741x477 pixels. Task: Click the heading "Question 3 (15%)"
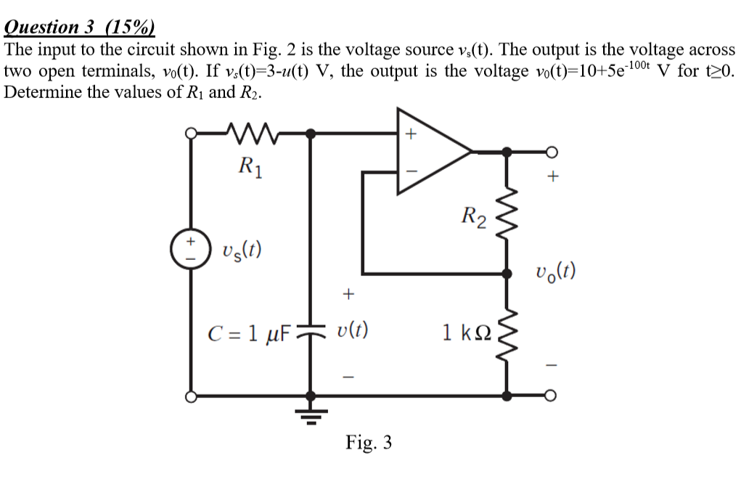pyautogui.click(x=79, y=27)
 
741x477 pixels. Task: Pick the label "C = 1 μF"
pyautogui.click(x=249, y=333)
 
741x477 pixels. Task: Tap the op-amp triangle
pyautogui.click(x=429, y=152)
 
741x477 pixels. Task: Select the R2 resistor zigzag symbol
pyautogui.click(x=506, y=214)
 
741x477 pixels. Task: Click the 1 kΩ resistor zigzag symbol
pyautogui.click(x=506, y=334)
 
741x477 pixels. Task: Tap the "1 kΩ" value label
pyautogui.click(x=467, y=334)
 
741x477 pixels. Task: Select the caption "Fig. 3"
pyautogui.click(x=369, y=442)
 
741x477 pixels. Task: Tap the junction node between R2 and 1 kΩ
pyautogui.click(x=506, y=274)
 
